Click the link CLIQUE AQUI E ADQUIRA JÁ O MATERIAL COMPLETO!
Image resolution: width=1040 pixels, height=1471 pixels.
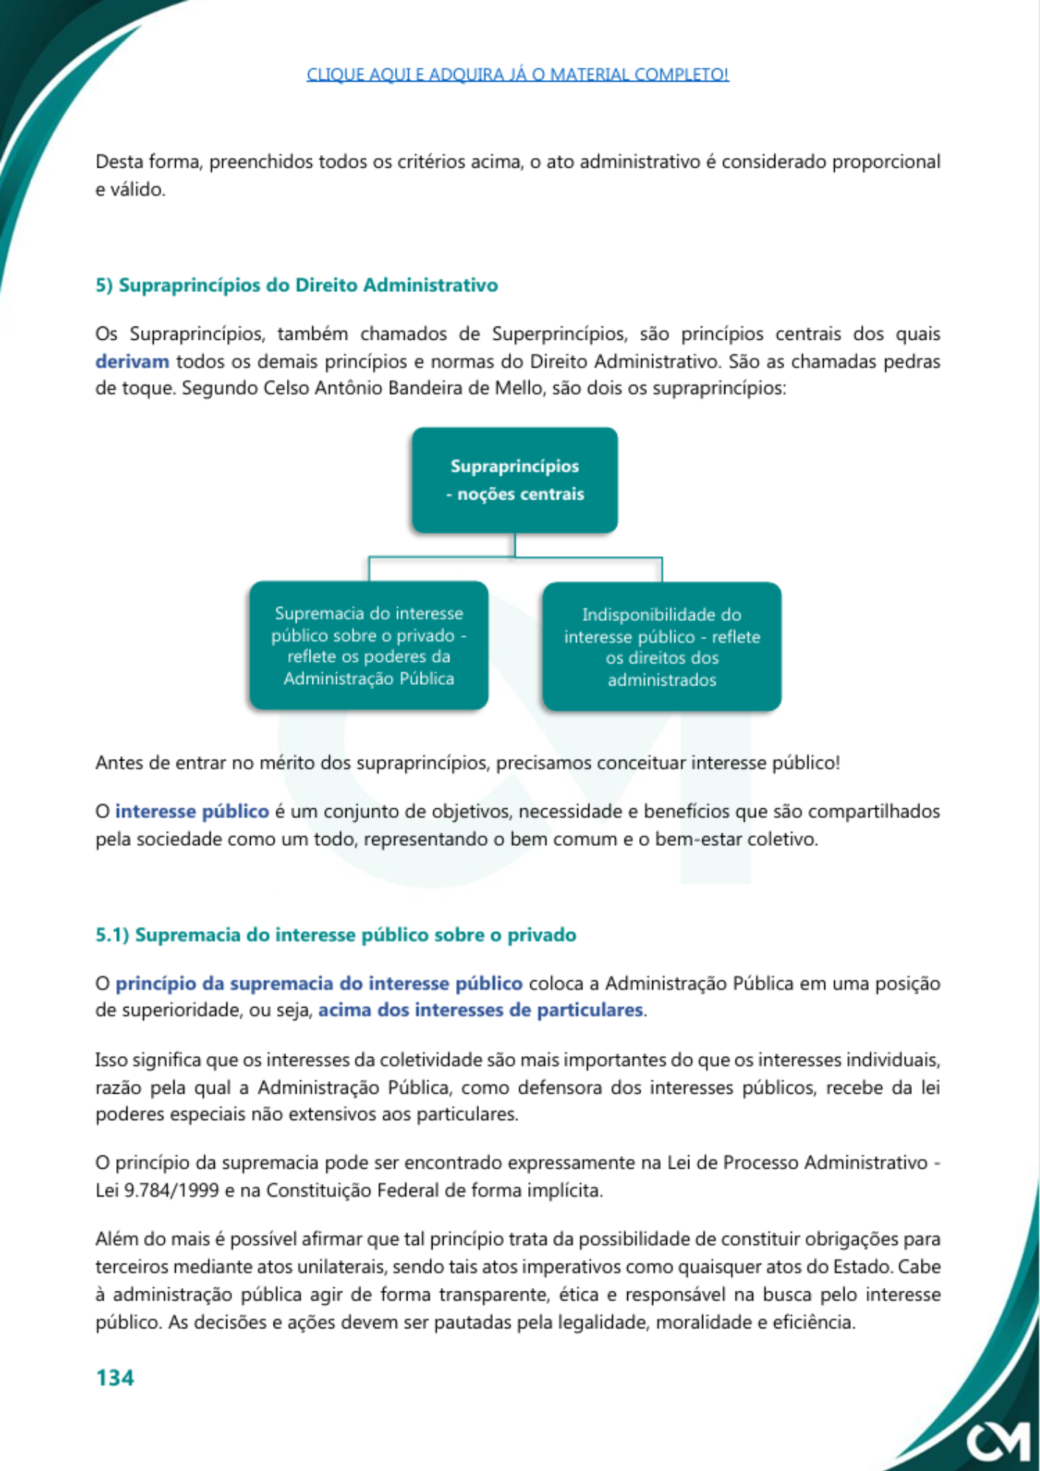(517, 74)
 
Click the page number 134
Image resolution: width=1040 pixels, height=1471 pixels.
(115, 1378)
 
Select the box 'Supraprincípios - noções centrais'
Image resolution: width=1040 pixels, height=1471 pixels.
(515, 480)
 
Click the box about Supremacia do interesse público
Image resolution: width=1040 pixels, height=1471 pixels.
(368, 646)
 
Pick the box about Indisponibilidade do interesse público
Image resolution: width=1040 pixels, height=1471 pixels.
(661, 647)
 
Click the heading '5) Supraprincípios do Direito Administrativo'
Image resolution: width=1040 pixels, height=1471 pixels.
(296, 285)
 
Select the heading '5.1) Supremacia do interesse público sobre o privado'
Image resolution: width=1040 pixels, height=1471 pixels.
(335, 935)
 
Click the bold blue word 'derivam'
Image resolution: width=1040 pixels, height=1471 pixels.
(132, 361)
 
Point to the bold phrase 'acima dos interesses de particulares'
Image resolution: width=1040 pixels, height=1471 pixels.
(480, 1010)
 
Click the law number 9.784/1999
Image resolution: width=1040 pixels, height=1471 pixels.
(171, 1190)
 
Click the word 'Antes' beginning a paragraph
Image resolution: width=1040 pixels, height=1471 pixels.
(117, 763)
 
